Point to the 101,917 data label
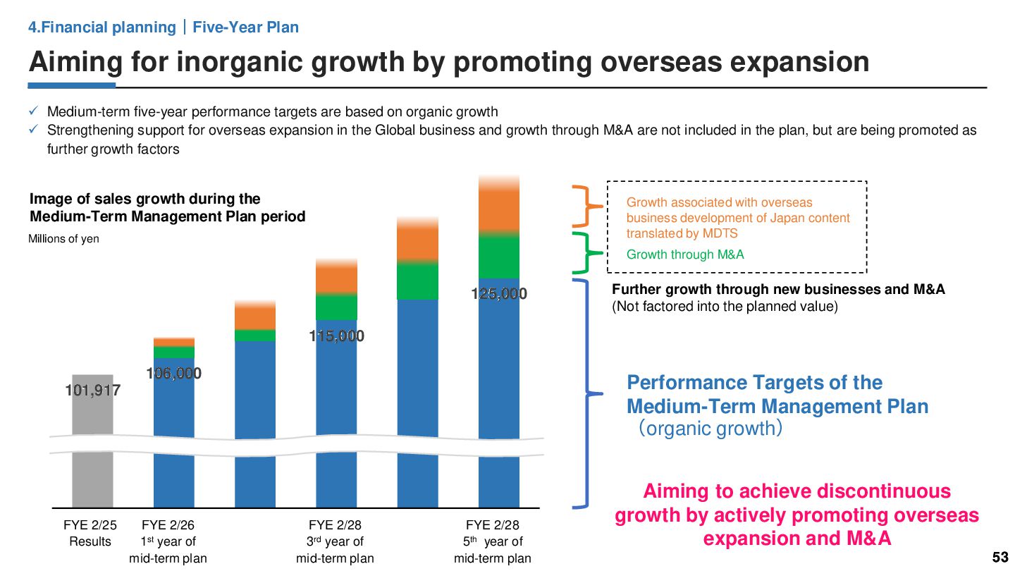[92, 390]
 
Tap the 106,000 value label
[173, 374]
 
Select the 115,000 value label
[337, 336]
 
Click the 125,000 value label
[499, 294]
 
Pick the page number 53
[1000, 557]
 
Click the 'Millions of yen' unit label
[63, 239]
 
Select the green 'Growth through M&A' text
[685, 254]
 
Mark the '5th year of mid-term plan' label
[492, 542]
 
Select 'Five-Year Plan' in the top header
[245, 27]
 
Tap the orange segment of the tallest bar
[499, 208]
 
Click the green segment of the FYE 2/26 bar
[174, 352]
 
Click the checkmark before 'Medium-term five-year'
[33, 111]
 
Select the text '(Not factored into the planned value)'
[725, 307]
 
